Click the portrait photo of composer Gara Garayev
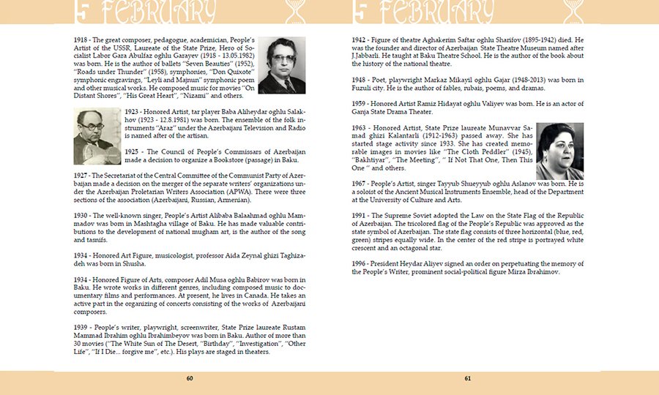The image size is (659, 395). [x=282, y=66]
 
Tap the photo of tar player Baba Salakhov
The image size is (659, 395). [x=97, y=137]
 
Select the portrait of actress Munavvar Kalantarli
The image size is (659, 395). [x=559, y=151]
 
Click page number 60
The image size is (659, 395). [x=190, y=378]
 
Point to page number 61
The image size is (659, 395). [x=467, y=378]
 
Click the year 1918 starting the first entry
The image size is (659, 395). [x=81, y=39]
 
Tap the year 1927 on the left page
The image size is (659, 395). [x=81, y=177]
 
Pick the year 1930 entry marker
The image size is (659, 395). [x=81, y=217]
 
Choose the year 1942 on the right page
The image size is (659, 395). [x=359, y=39]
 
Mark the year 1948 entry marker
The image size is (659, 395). [x=359, y=80]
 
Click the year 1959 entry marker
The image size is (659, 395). [x=359, y=104]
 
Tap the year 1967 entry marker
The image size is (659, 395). [x=359, y=184]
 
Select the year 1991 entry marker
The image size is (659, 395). [x=359, y=216]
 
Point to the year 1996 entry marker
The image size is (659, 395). [x=359, y=263]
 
